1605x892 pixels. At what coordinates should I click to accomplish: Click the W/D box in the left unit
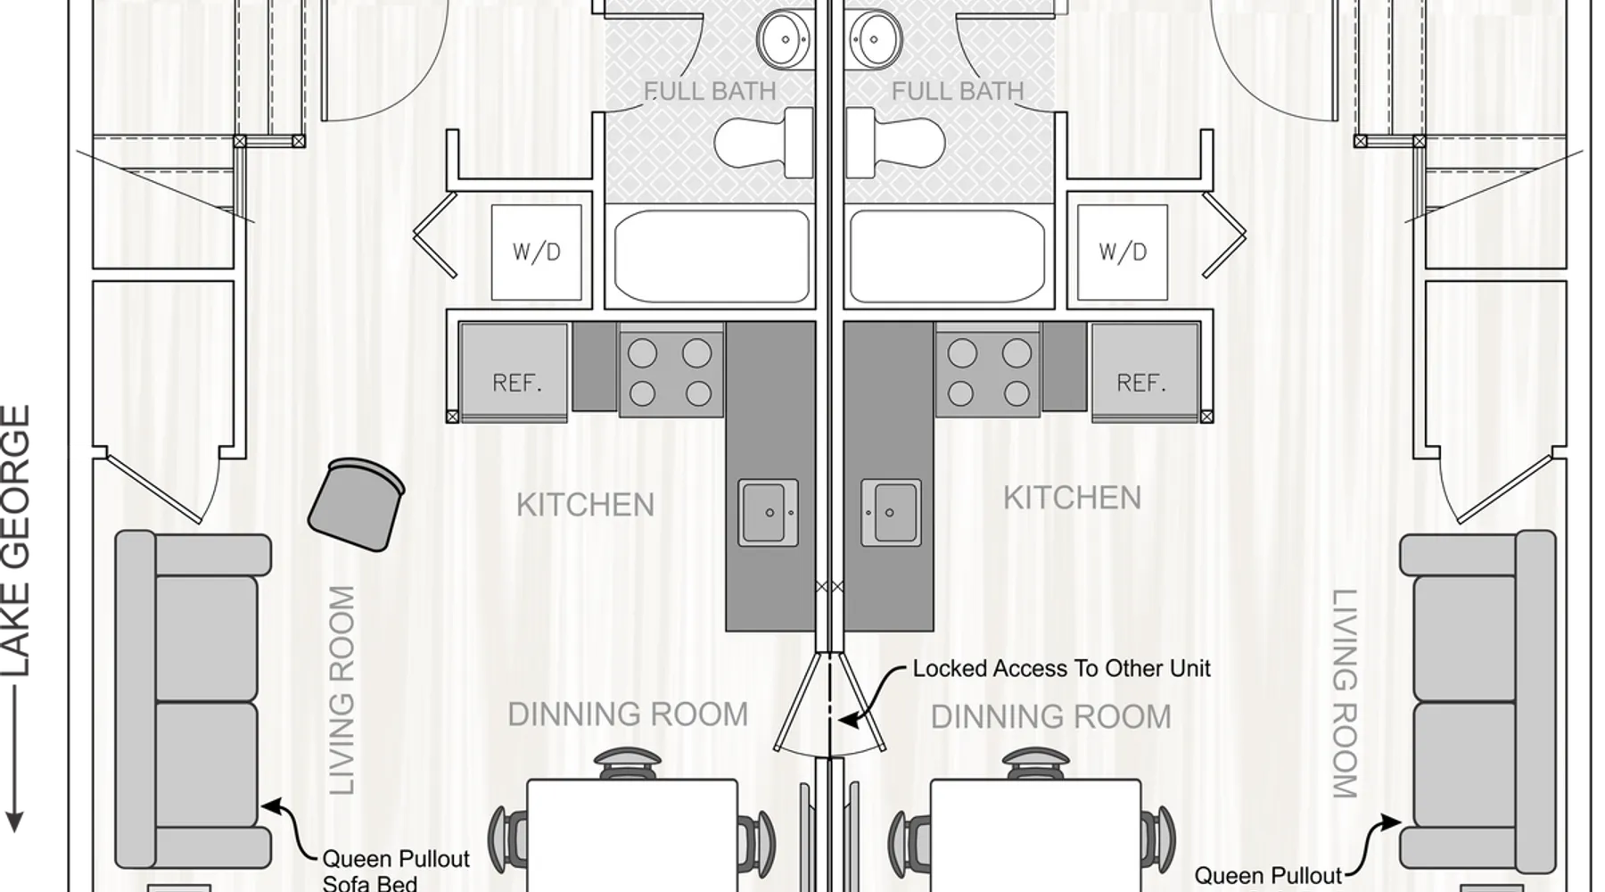coord(536,252)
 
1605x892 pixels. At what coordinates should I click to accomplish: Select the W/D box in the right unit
coord(1123,252)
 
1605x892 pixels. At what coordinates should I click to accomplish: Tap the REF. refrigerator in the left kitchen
coord(514,372)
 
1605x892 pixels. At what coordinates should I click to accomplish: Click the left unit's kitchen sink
coord(768,513)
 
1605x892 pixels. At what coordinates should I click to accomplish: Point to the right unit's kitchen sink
coord(891,513)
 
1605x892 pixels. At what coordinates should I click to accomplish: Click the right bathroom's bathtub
coord(946,257)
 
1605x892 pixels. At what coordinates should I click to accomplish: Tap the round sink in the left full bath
coord(783,39)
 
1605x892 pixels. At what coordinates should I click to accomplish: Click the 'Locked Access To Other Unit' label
coord(1061,668)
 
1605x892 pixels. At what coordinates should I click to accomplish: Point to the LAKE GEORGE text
coord(16,541)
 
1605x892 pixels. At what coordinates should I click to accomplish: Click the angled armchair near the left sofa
coord(356,505)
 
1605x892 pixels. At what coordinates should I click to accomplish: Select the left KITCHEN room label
coord(585,505)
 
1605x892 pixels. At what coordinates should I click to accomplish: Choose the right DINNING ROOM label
coord(1050,716)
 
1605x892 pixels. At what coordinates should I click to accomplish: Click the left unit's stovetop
coord(671,372)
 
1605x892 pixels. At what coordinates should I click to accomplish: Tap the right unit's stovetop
coord(988,372)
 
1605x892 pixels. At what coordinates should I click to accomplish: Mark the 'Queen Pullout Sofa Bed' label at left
coord(395,871)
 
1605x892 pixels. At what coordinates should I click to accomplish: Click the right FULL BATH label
coord(958,91)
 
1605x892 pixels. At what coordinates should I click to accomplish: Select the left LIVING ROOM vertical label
coord(342,690)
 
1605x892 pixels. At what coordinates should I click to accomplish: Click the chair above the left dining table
coord(628,764)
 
